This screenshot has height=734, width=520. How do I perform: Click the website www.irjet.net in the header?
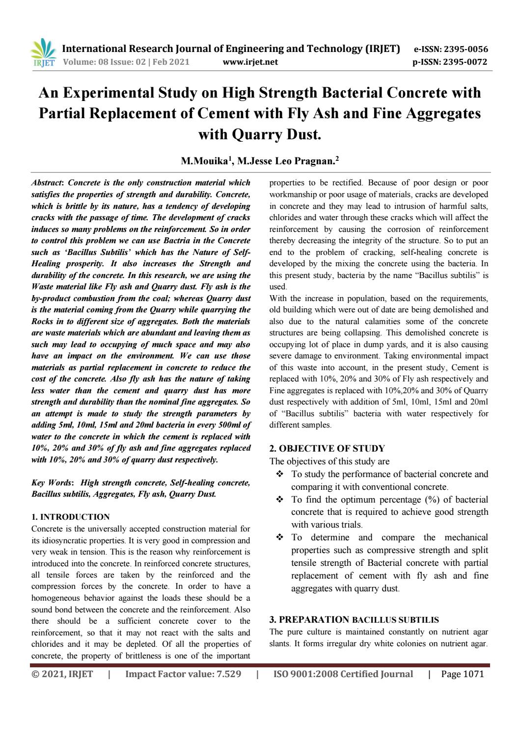(x=250, y=62)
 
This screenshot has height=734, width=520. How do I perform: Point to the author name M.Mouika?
(x=200, y=160)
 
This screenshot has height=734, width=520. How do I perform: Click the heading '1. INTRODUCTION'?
(x=70, y=517)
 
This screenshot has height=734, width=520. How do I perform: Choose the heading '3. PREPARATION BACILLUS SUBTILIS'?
(x=354, y=619)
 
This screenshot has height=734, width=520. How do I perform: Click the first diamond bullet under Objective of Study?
(x=280, y=474)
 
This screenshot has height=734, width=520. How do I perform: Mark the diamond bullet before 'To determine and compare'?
(x=280, y=537)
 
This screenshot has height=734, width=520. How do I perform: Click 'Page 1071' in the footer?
(x=462, y=674)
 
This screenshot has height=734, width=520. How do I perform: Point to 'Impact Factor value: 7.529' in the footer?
(x=183, y=674)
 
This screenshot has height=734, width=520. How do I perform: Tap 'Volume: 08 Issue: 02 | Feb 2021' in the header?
(x=127, y=62)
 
